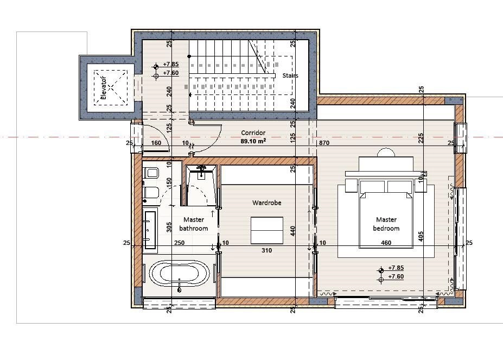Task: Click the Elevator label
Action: [103, 88]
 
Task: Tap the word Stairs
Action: [290, 75]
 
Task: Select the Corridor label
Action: [253, 132]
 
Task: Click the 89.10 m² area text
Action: [253, 141]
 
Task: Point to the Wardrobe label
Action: [266, 203]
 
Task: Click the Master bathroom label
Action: [193, 224]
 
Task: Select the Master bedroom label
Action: [386, 224]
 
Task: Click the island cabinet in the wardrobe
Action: [267, 230]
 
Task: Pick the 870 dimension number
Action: [324, 143]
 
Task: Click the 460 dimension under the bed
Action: [386, 243]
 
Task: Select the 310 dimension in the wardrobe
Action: [266, 250]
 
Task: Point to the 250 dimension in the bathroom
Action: [179, 243]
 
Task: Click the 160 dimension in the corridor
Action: [156, 143]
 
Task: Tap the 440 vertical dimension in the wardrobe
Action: [292, 231]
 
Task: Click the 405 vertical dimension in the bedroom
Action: [421, 237]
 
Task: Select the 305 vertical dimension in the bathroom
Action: [169, 228]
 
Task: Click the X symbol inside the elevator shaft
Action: [110, 87]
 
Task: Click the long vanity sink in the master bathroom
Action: [149, 229]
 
